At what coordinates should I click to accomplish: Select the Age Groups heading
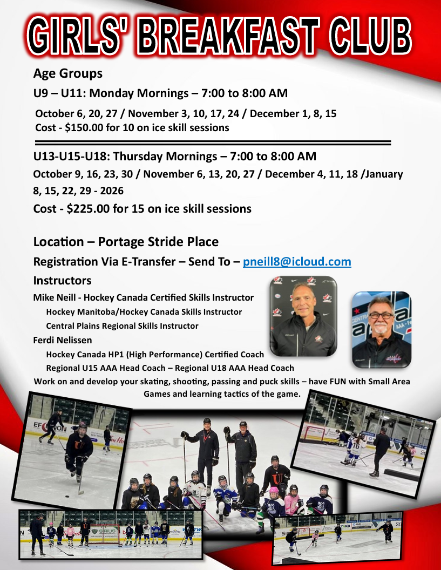[x=68, y=74]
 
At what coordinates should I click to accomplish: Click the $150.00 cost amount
[x=84, y=127]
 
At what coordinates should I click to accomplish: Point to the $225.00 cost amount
[x=88, y=209]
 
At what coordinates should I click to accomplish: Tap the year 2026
[x=112, y=191]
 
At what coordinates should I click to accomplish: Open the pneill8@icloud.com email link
[x=297, y=262]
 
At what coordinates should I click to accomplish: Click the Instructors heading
[x=62, y=281]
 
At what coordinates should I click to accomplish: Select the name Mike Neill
[x=53, y=298]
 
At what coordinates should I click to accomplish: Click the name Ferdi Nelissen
[x=63, y=340]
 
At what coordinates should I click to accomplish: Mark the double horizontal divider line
[x=213, y=142]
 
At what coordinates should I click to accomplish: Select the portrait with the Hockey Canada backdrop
[x=303, y=316]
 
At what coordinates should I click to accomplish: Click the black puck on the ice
[x=67, y=496]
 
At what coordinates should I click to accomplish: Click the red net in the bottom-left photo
[x=105, y=535]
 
